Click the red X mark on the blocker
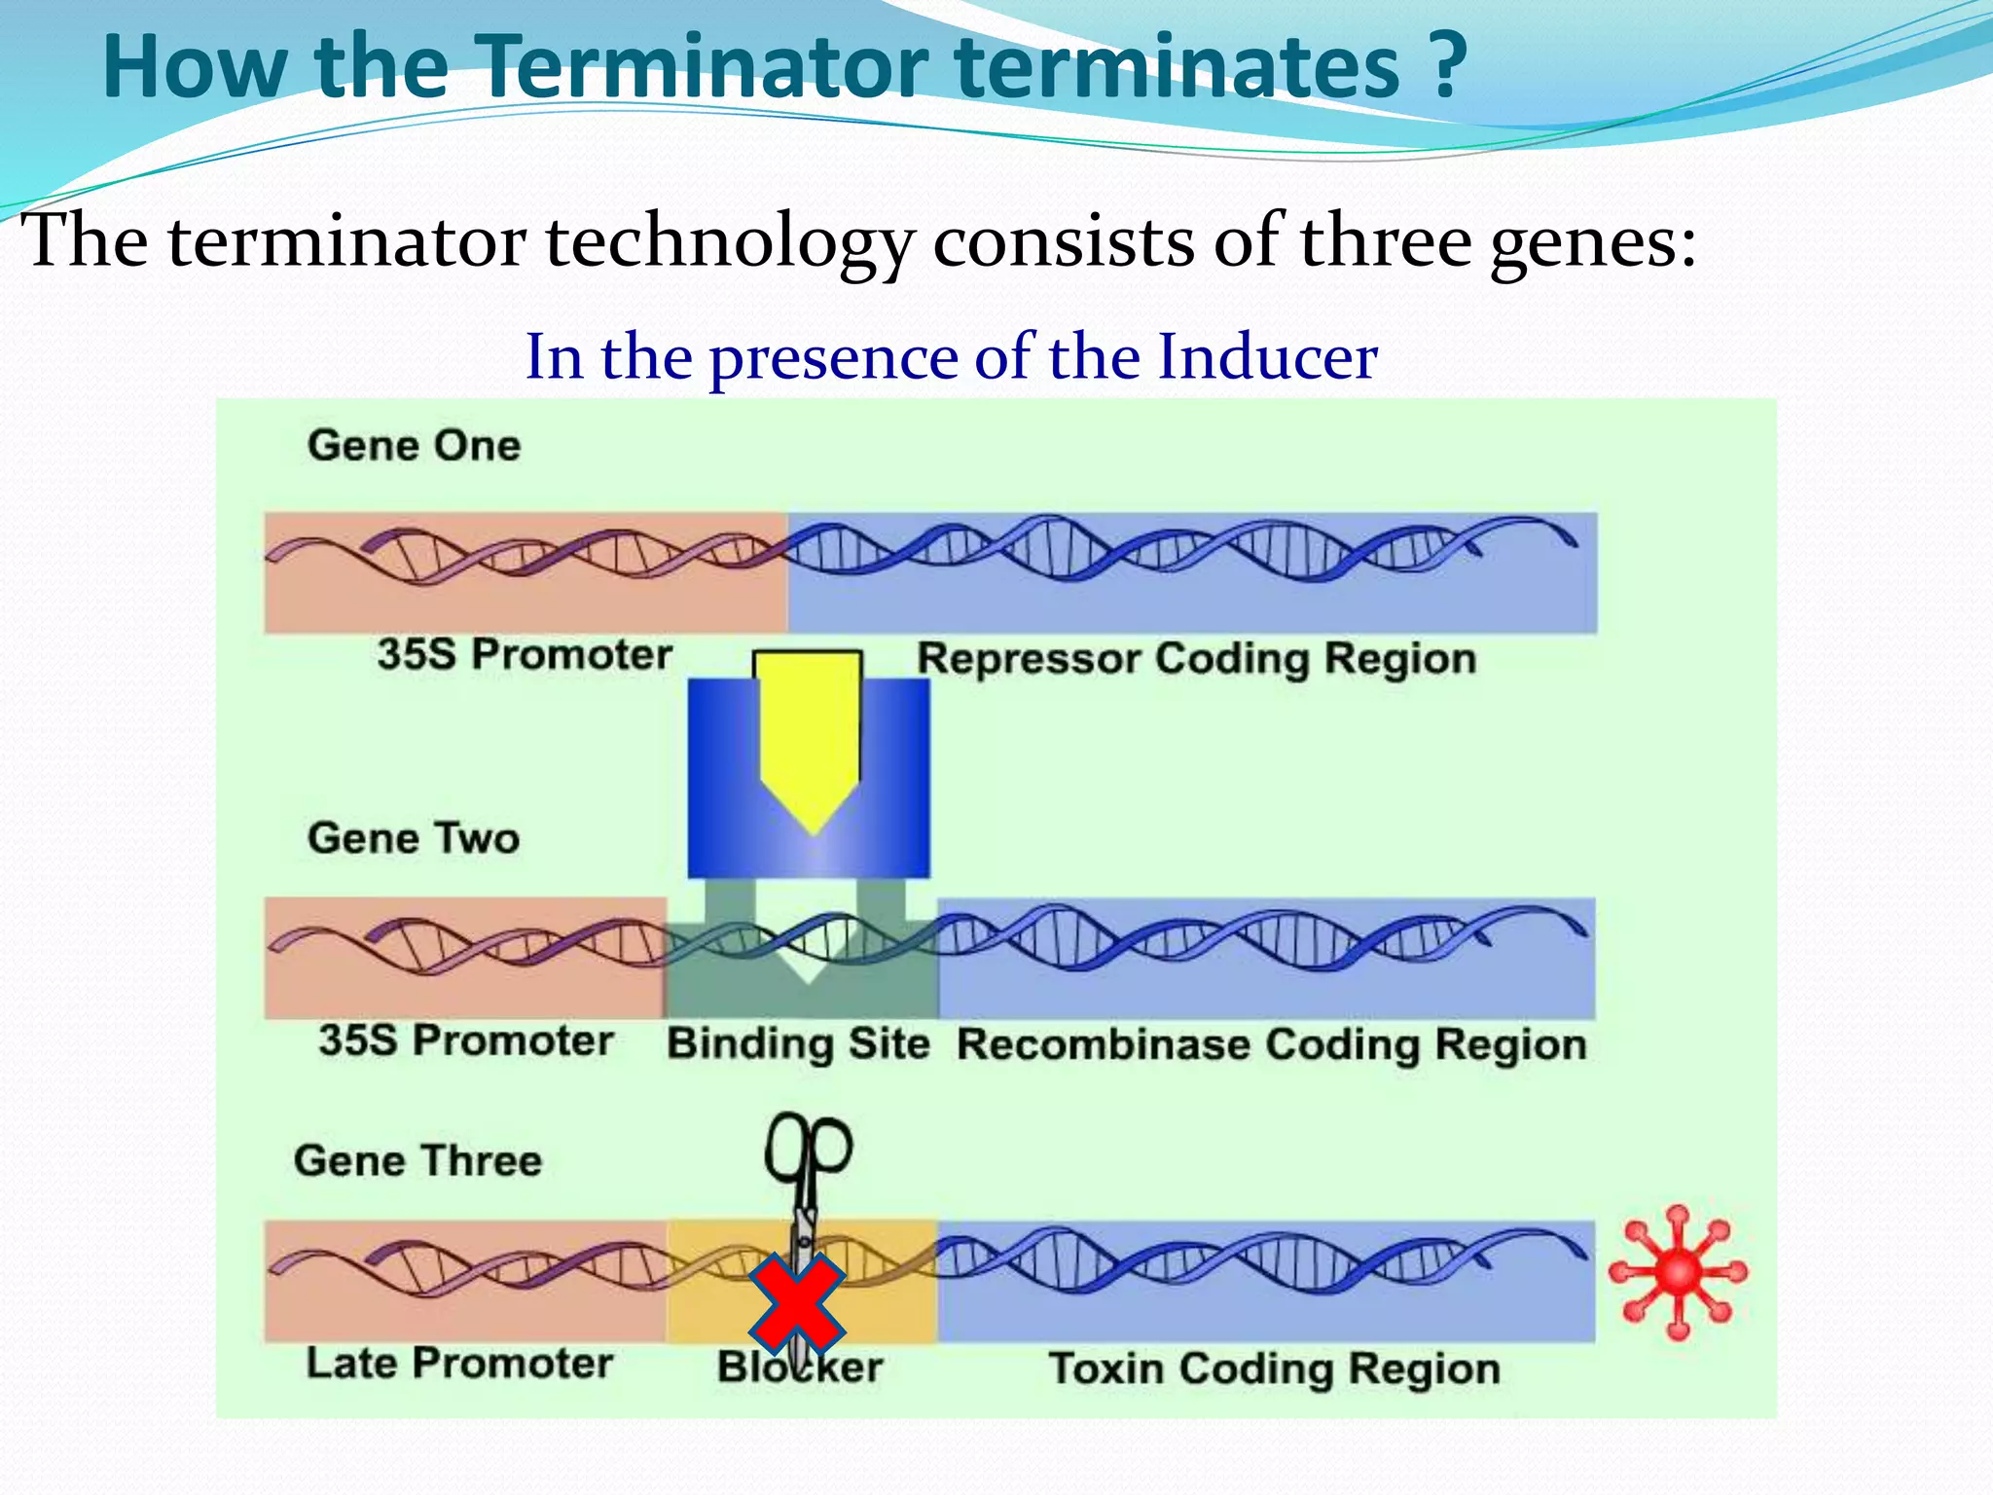[797, 1304]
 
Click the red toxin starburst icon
[1678, 1272]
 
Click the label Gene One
[414, 446]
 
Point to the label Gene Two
[414, 838]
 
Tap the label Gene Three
[417, 1161]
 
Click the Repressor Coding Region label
[1196, 659]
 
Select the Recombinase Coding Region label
[1271, 1045]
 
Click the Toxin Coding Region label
[1274, 1369]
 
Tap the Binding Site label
[798, 1044]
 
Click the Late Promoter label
[459, 1364]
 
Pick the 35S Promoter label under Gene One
[525, 654]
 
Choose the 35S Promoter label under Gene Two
[465, 1040]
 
